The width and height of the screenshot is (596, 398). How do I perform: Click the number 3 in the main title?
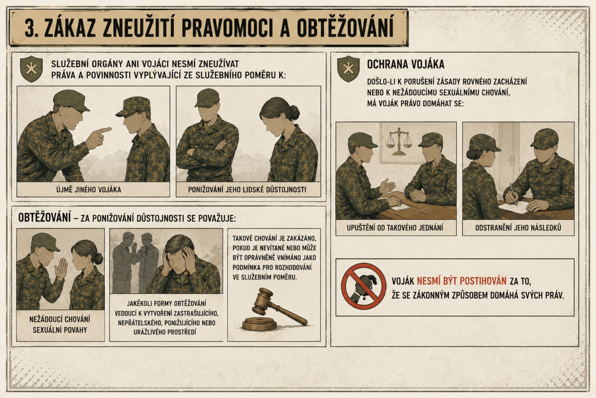click(31, 28)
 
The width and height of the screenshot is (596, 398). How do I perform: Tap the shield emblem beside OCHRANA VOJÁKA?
click(348, 69)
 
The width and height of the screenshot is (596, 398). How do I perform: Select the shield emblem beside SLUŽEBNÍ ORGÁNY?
click(31, 69)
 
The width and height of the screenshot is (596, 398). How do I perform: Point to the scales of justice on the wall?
click(399, 141)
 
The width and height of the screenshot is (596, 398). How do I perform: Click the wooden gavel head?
click(262, 301)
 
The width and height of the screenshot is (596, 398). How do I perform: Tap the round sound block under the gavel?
click(259, 324)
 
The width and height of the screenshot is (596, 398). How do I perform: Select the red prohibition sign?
click(364, 286)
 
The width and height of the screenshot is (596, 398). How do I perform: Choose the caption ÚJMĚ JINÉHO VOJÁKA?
click(88, 190)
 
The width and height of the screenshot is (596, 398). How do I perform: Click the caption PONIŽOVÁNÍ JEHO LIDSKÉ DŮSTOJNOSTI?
click(247, 190)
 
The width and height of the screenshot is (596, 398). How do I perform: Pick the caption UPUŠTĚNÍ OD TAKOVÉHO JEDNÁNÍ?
click(395, 228)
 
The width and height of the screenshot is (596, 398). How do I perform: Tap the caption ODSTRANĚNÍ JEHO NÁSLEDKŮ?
click(518, 228)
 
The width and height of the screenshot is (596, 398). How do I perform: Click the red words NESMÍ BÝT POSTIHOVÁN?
click(461, 281)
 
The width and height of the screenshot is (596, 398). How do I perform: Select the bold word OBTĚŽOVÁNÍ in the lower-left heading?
click(44, 217)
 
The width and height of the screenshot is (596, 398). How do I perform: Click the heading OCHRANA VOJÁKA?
click(406, 64)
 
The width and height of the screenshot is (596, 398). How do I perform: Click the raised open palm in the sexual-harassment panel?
click(61, 269)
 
